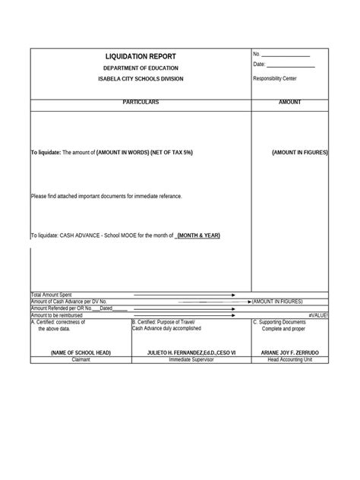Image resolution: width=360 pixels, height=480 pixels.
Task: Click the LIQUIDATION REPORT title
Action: [141, 57]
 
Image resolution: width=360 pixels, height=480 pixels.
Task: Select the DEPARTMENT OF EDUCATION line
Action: [141, 68]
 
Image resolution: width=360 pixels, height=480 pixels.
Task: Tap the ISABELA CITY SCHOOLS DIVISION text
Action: [141, 79]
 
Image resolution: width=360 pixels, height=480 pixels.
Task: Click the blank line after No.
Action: [286, 55]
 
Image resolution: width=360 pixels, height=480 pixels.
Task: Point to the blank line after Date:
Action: [290, 66]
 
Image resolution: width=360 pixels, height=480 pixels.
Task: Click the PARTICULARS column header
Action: [141, 103]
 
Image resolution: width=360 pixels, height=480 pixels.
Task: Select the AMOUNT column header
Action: [290, 103]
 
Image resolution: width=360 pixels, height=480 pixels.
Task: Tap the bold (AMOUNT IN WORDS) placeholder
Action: [122, 153]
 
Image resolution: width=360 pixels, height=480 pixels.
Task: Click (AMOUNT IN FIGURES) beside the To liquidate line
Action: [300, 153]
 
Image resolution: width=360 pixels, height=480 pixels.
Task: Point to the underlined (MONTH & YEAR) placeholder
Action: [198, 235]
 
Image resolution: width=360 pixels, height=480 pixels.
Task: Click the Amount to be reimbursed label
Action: [57, 314]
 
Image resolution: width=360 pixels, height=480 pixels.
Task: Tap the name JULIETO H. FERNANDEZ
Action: [188, 353]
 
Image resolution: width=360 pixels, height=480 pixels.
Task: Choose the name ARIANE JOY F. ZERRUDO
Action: [290, 353]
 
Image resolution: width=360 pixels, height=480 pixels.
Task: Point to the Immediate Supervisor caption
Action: [191, 360]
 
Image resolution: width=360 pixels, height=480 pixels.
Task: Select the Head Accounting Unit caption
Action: [290, 360]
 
